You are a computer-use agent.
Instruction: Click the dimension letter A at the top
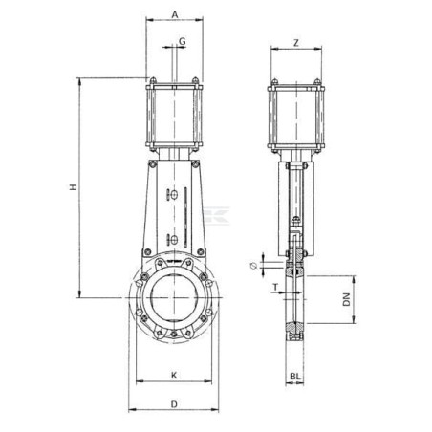[x=175, y=14]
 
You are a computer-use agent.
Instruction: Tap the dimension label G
[x=183, y=41]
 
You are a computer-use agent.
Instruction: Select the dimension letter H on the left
[x=74, y=187]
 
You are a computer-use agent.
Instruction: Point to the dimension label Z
[x=296, y=43]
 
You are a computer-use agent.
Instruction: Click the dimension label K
[x=174, y=376]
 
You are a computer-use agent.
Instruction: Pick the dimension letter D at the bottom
[x=174, y=404]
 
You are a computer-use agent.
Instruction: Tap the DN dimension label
[x=346, y=299]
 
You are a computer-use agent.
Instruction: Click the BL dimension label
[x=295, y=377]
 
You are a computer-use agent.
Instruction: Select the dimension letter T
[x=275, y=288]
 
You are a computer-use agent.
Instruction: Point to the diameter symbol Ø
[x=254, y=265]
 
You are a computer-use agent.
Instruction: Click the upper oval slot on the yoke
[x=174, y=195]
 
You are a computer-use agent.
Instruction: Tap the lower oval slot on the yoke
[x=174, y=239]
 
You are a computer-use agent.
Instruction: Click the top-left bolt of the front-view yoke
[x=153, y=164]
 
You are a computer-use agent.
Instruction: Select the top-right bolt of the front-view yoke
[x=195, y=164]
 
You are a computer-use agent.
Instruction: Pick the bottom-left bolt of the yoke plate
[x=147, y=252]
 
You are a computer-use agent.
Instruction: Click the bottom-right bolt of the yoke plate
[x=201, y=252]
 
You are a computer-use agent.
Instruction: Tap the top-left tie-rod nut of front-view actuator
[x=153, y=80]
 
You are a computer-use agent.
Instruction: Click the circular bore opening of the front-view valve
[x=174, y=298]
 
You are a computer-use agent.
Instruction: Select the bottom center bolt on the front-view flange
[x=174, y=335]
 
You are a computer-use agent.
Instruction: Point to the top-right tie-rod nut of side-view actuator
[x=317, y=81]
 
